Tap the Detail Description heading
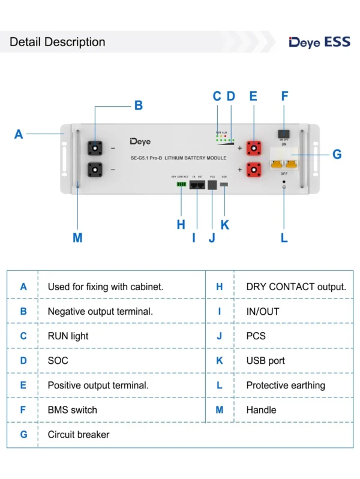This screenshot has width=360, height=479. [x=58, y=42]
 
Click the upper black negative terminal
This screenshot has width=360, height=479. [x=95, y=147]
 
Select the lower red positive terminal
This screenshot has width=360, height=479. [x=253, y=170]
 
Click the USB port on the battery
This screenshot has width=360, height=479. [x=224, y=184]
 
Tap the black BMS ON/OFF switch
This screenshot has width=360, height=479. [x=284, y=132]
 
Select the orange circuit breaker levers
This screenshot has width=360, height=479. [x=284, y=162]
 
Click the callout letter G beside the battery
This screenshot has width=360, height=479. [x=337, y=155]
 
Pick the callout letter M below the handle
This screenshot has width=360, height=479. [x=77, y=238]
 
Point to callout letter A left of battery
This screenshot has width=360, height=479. [x=19, y=134]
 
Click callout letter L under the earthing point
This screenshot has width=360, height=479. [x=284, y=238]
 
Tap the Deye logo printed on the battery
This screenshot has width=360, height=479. [x=140, y=141]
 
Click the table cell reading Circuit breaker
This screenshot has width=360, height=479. [x=79, y=435]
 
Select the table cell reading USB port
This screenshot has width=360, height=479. [x=266, y=361]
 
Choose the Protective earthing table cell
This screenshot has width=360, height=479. [x=286, y=385]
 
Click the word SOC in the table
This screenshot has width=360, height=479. [x=58, y=361]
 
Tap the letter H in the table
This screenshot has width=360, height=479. [x=220, y=287]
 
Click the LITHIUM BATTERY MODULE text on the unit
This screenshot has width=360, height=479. [x=196, y=158]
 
